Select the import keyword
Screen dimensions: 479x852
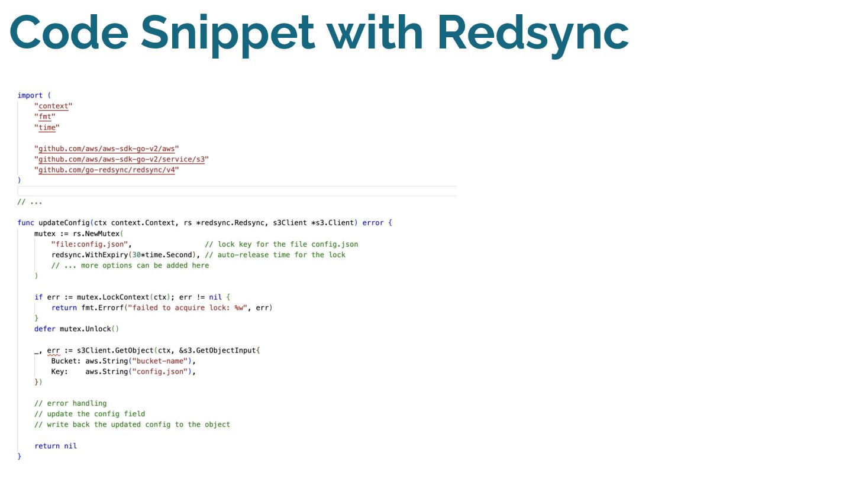30,95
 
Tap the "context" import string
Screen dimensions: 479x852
53,106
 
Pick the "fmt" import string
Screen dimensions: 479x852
45,116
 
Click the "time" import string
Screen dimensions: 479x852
47,127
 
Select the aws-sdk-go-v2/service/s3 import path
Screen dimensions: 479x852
122,159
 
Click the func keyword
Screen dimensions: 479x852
25,223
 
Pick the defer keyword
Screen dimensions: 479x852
45,329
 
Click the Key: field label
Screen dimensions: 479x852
60,371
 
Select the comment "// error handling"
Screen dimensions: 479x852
70,403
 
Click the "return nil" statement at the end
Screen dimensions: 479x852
56,446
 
